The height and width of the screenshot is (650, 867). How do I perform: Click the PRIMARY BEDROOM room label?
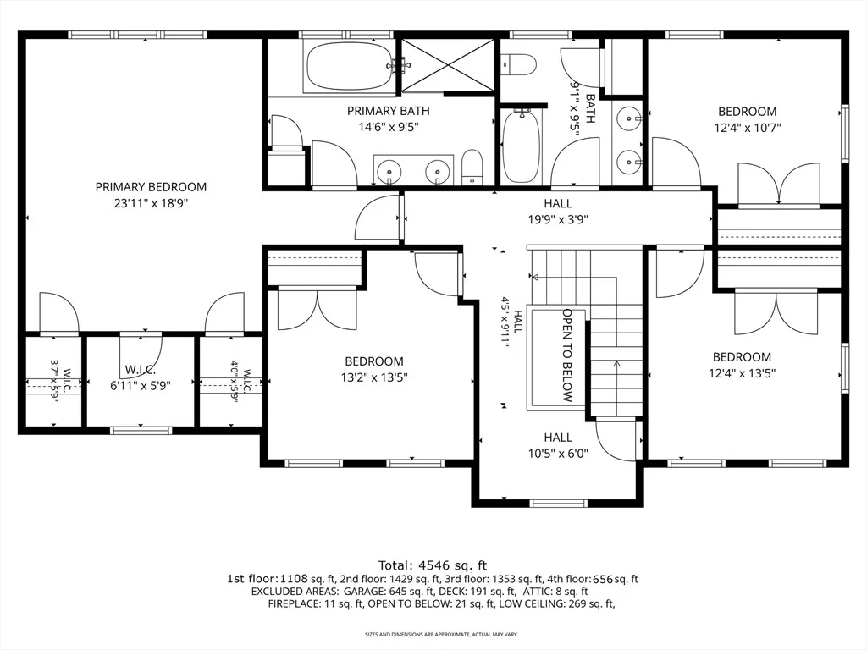click(151, 187)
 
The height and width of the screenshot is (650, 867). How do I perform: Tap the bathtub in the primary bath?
click(348, 66)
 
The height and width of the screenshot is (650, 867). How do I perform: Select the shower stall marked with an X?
click(447, 65)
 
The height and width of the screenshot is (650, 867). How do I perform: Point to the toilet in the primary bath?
click(472, 167)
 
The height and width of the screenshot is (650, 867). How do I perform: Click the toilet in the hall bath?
click(519, 63)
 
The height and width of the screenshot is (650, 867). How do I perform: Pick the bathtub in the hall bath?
click(522, 145)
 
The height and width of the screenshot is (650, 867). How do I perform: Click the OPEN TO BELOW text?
click(567, 355)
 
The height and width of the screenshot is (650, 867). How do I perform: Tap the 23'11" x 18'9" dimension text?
click(151, 203)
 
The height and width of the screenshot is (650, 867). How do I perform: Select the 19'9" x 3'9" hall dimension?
click(558, 219)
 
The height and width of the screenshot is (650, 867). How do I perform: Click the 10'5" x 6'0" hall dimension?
click(558, 454)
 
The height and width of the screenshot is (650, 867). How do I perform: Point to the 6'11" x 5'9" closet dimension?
click(141, 385)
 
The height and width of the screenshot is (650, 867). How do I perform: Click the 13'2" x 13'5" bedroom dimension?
click(374, 378)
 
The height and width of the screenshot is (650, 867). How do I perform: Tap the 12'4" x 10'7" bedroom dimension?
click(748, 128)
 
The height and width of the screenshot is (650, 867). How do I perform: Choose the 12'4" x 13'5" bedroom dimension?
click(742, 373)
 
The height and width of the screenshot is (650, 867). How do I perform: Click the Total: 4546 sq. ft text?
click(433, 565)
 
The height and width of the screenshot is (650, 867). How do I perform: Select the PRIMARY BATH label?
click(388, 111)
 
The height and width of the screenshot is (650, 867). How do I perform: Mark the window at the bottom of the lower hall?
click(557, 503)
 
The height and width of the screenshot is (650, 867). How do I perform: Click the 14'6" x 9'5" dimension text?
click(388, 128)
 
